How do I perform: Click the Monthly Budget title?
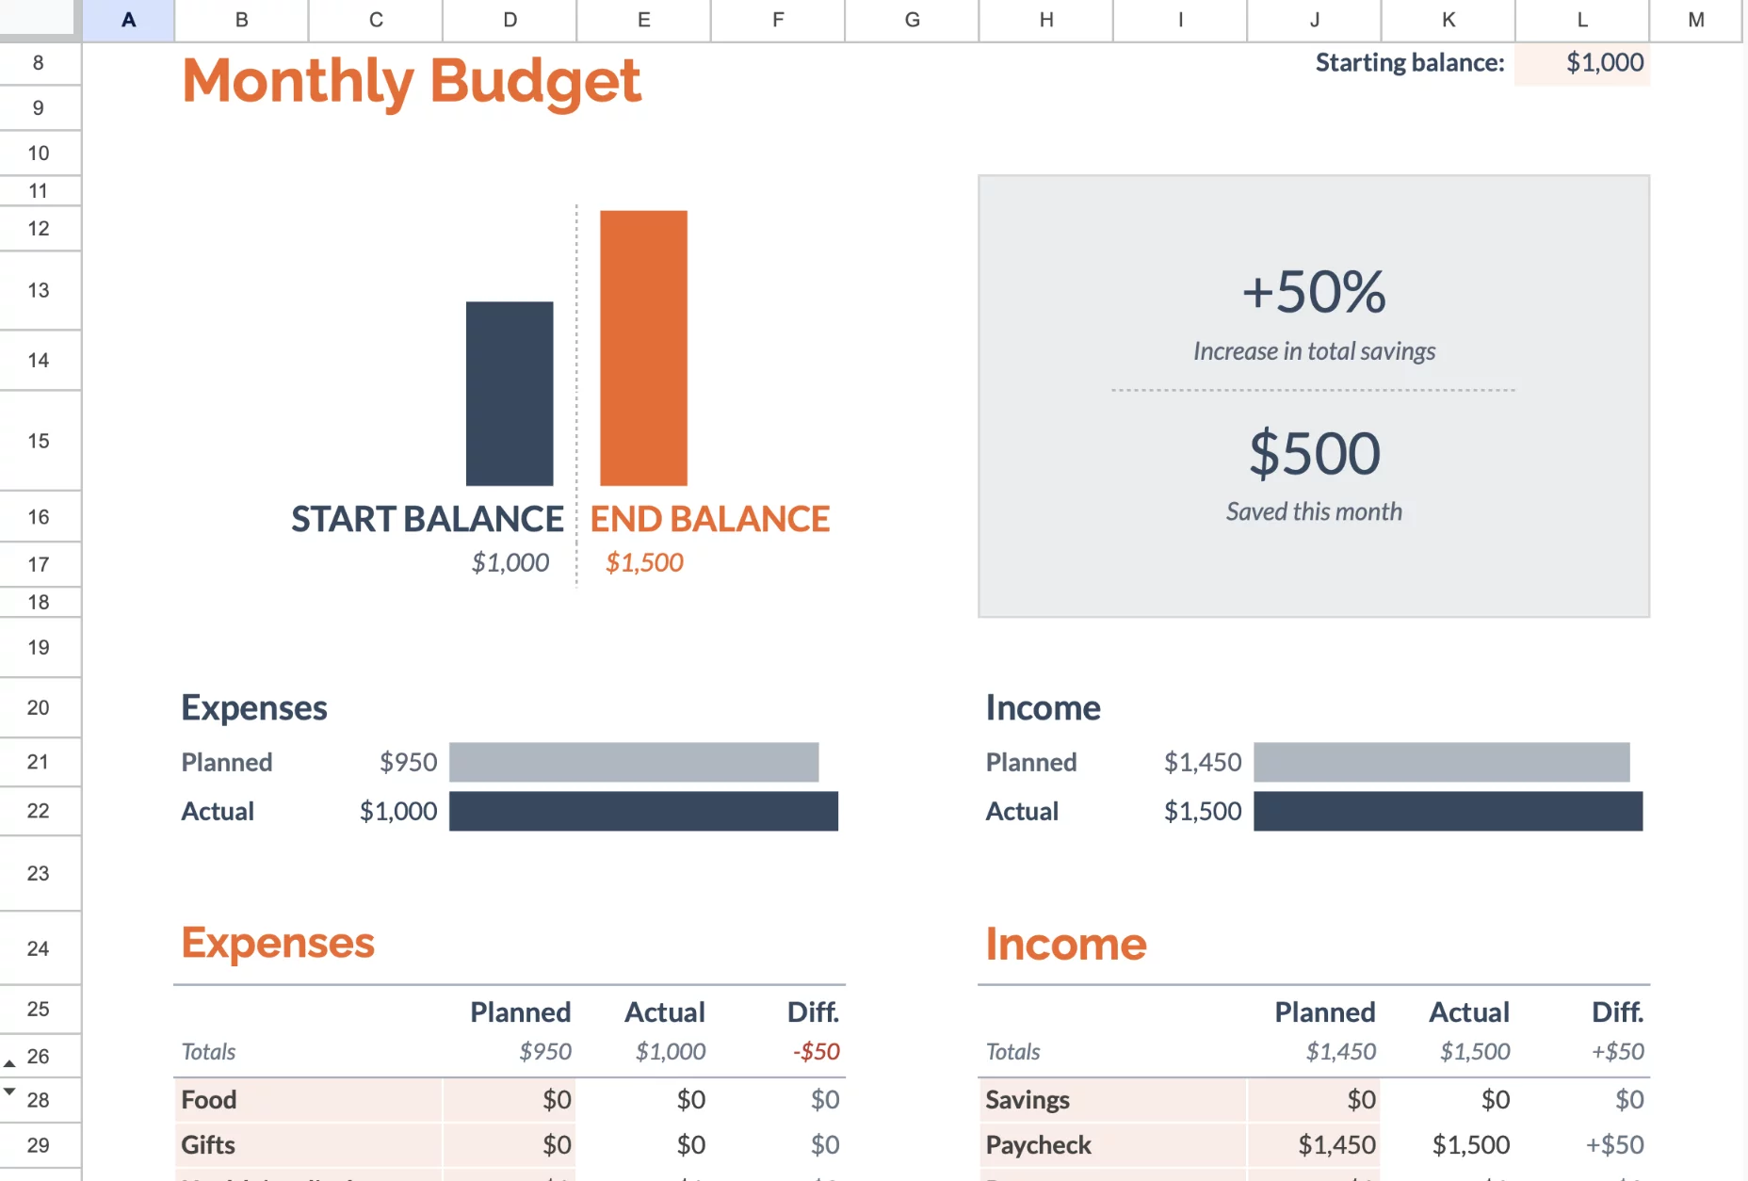click(x=412, y=81)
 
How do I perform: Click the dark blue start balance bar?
click(x=510, y=394)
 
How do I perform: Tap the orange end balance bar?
click(x=643, y=348)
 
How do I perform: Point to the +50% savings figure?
click(x=1314, y=292)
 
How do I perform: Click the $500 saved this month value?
click(x=1314, y=454)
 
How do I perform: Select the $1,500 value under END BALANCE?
click(x=644, y=562)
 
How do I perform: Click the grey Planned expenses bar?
click(x=634, y=762)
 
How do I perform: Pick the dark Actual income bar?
click(x=1448, y=811)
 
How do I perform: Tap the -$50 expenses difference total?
click(x=816, y=1051)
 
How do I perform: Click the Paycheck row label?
click(x=1038, y=1145)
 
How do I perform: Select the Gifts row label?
click(x=208, y=1145)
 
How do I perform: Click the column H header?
click(x=1046, y=20)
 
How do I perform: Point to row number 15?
click(x=39, y=441)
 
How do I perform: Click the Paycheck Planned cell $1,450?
click(x=1336, y=1145)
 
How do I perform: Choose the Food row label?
click(x=209, y=1100)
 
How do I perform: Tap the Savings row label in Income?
click(x=1028, y=1100)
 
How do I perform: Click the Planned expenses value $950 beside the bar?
click(x=408, y=762)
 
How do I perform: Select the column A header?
click(x=129, y=20)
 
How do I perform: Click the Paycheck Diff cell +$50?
click(x=1614, y=1145)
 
